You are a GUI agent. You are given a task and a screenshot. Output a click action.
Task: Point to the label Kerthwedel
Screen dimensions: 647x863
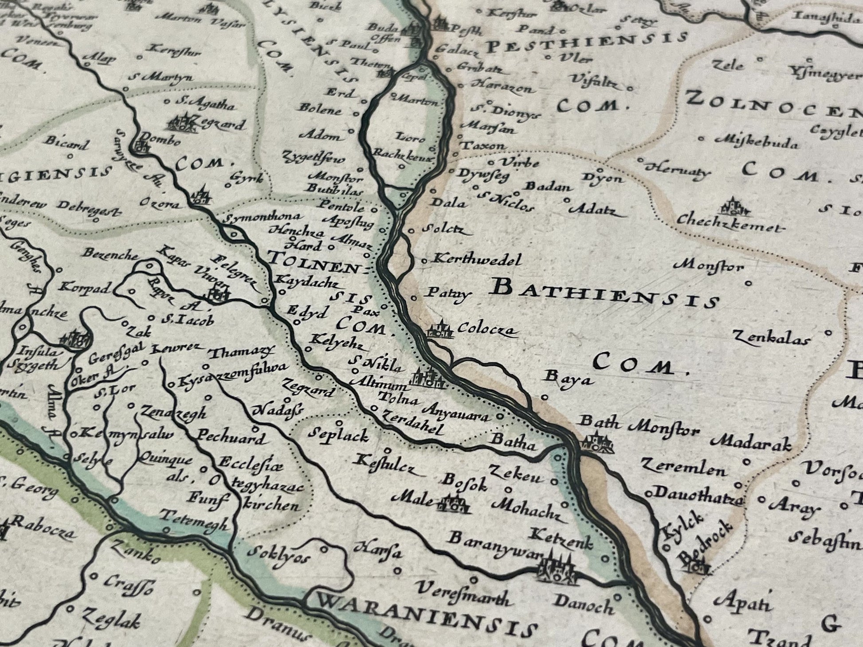[x=477, y=260]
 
